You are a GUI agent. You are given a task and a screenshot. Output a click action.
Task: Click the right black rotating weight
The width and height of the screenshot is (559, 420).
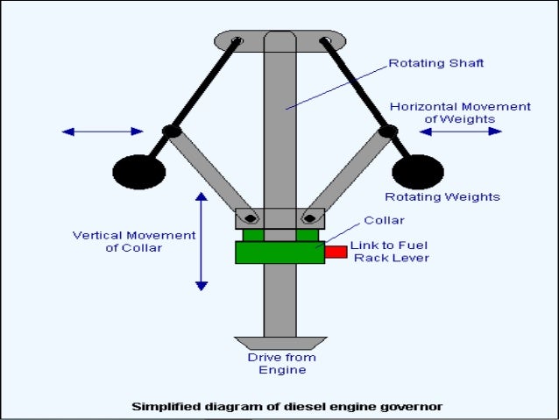[418, 170]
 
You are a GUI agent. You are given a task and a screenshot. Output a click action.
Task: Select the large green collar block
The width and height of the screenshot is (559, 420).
[279, 252]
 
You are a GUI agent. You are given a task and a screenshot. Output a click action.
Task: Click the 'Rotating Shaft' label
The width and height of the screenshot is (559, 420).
[436, 63]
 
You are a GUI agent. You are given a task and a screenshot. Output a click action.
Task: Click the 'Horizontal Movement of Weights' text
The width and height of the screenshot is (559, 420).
[460, 112]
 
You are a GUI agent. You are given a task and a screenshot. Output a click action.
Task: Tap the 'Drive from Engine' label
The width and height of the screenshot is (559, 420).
[281, 363]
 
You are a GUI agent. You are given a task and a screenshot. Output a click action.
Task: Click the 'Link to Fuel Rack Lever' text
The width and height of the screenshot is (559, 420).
[391, 252]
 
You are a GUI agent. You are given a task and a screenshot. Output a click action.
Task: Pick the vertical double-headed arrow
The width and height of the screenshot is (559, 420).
[202, 241]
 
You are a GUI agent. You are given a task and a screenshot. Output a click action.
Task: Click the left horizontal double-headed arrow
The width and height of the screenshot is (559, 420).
[103, 132]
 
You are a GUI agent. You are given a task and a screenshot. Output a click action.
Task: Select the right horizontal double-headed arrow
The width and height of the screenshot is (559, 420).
[460, 132]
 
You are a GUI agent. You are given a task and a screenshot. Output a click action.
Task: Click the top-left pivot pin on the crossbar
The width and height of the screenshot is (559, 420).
[236, 40]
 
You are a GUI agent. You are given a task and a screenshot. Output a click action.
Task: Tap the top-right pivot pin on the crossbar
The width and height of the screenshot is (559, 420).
[325, 40]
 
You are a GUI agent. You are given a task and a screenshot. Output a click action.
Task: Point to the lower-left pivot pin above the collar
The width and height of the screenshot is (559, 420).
[251, 217]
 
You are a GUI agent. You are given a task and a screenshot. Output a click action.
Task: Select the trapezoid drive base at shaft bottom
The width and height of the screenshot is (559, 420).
[280, 342]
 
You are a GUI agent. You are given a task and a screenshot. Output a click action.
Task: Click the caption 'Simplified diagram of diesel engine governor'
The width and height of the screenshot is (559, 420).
[287, 406]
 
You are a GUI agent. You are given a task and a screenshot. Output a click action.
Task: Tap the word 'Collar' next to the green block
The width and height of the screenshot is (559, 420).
[384, 220]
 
